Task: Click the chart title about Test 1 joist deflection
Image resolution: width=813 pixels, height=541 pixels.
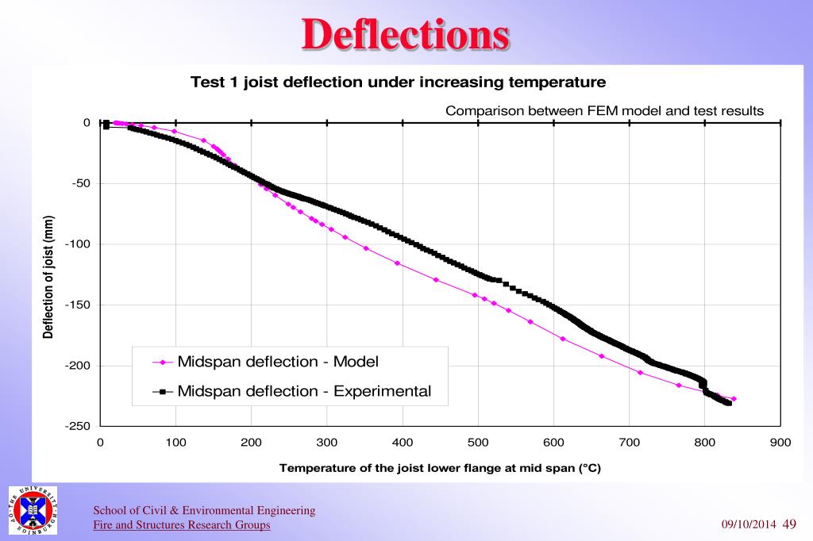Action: tap(398, 82)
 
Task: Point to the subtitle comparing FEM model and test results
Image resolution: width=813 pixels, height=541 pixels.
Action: tap(604, 111)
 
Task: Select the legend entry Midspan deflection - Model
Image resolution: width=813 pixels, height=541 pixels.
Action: tap(278, 362)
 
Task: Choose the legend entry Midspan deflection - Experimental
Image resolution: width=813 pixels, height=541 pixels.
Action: tap(304, 391)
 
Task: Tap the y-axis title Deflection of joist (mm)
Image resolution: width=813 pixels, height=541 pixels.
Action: tap(49, 277)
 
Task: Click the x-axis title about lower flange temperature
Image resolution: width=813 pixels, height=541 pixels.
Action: tap(440, 468)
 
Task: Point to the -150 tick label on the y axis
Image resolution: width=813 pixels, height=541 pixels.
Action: tap(79, 305)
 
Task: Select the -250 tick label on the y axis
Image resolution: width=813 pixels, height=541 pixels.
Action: tap(79, 427)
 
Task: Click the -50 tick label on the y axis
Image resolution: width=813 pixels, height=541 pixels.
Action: tap(81, 184)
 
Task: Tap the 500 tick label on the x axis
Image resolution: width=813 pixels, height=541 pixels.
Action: tap(478, 443)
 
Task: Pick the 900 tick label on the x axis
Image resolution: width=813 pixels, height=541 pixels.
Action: tap(780, 443)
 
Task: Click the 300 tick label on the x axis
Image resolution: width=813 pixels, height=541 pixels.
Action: tap(327, 443)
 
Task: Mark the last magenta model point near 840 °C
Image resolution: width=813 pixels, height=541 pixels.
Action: tap(734, 399)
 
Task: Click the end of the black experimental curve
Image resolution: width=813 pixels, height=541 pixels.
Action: tap(729, 403)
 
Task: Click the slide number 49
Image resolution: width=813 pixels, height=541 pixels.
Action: tap(789, 524)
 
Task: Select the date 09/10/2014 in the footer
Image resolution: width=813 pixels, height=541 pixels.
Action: tap(748, 525)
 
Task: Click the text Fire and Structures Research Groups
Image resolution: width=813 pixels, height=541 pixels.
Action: tap(182, 525)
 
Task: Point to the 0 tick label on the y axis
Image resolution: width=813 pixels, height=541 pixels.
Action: tap(87, 123)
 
